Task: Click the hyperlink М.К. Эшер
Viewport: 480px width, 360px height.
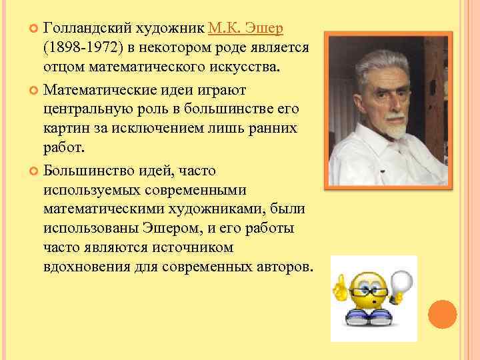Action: [x=245, y=28]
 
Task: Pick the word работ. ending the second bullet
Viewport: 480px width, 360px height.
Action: [x=63, y=148]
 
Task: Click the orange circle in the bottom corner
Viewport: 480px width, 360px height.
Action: [x=441, y=315]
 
